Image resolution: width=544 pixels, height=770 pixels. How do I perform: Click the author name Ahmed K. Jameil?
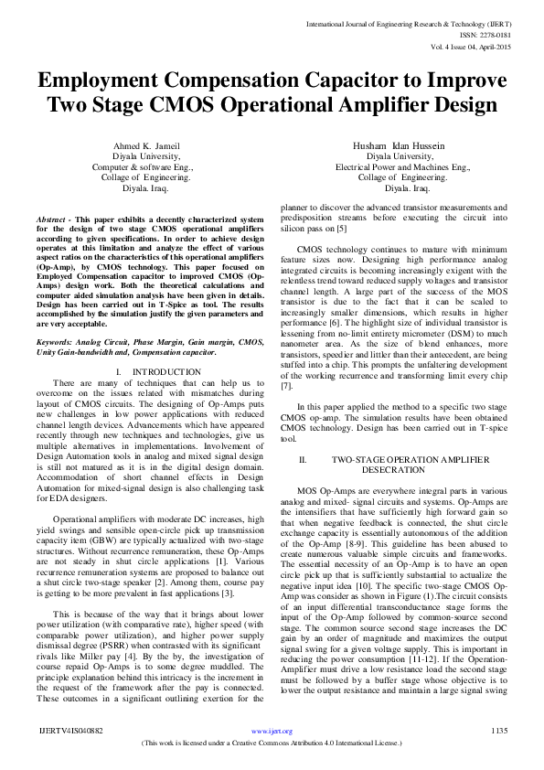click(x=145, y=147)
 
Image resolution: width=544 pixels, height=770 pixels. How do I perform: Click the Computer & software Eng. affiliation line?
click(x=145, y=168)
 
